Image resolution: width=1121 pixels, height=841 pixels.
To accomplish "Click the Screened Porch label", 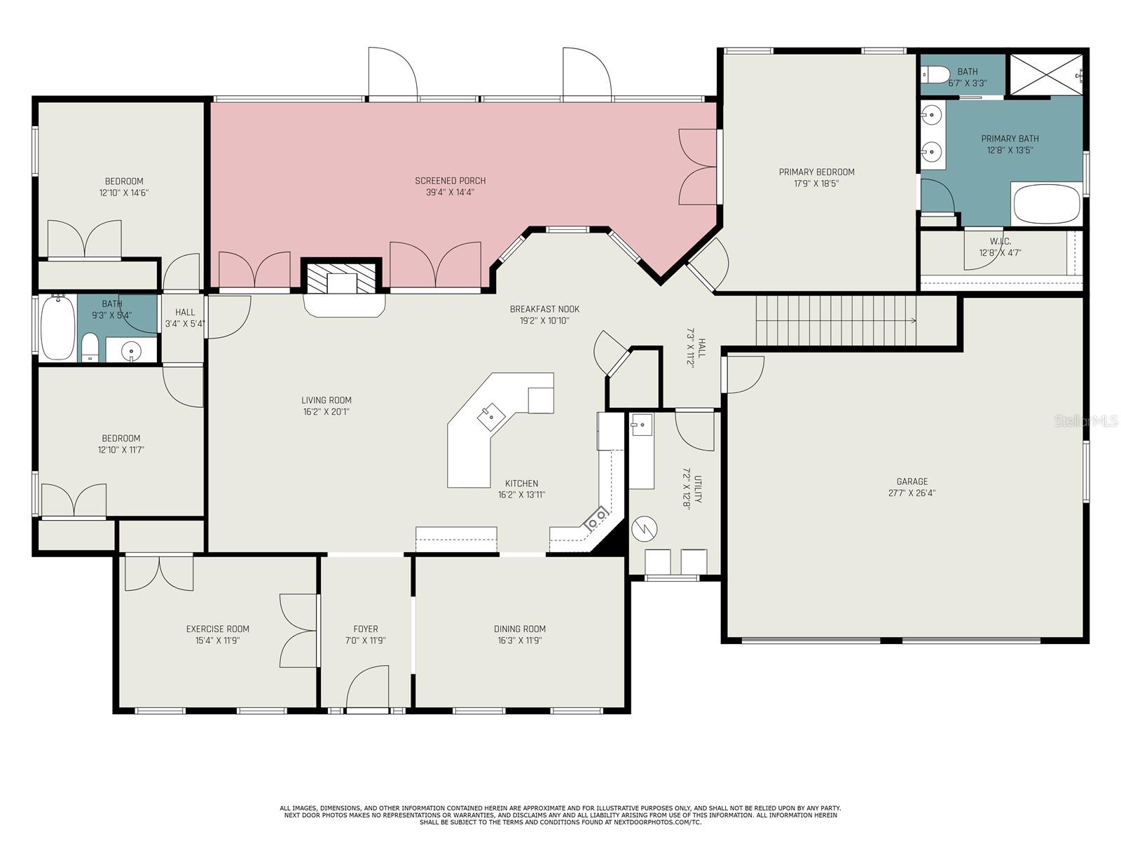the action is pos(450,181).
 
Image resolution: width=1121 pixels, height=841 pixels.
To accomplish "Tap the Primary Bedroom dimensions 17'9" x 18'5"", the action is pos(816,184).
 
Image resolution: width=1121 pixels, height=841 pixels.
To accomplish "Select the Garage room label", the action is pos(912,481).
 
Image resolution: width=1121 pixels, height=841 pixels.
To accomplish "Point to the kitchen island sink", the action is pos(491,417).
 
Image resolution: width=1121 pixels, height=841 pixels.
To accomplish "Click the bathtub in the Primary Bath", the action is pos(1047,203).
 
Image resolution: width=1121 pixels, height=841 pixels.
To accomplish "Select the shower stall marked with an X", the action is pos(1045,74).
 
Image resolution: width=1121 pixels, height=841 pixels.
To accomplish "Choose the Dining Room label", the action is pos(519,629).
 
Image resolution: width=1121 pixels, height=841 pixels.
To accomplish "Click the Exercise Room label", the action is pos(218,629).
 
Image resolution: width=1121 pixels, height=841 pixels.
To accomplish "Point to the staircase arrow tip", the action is pos(915,321).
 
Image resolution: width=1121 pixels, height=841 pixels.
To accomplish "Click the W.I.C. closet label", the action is pos(1000,241).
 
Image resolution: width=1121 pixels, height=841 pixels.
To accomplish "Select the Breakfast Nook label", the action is pos(544,309).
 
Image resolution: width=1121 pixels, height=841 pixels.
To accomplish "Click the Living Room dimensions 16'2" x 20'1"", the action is pos(326,411).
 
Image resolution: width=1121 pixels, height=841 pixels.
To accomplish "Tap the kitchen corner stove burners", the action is pos(596,519).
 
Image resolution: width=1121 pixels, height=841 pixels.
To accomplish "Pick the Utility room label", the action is pos(698,490).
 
